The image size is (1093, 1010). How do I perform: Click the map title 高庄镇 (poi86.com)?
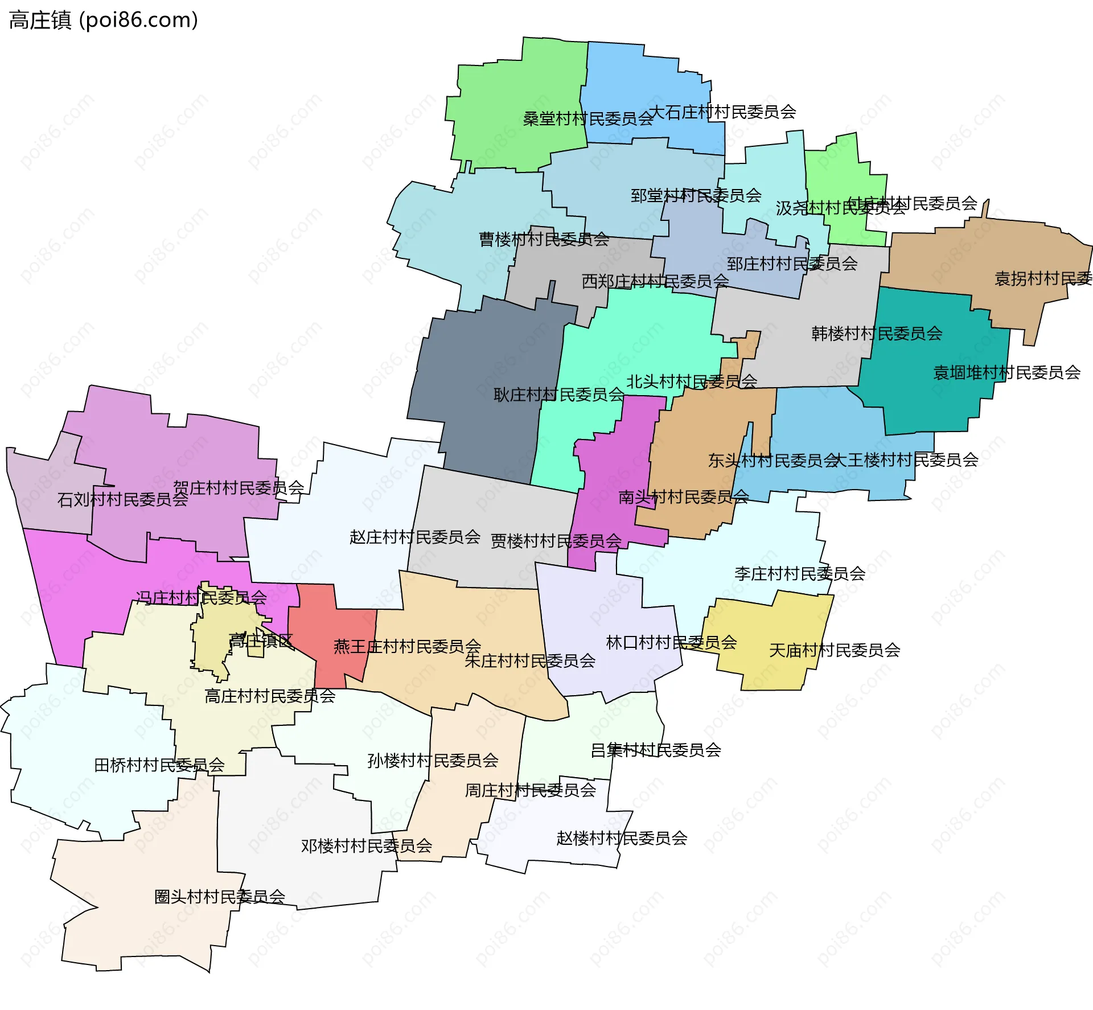pyautogui.click(x=104, y=20)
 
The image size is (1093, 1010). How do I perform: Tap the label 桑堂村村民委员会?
pyautogui.click(x=588, y=119)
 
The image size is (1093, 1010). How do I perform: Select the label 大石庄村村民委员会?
pyautogui.click(x=722, y=112)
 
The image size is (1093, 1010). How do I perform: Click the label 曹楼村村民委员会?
pyautogui.click(x=544, y=240)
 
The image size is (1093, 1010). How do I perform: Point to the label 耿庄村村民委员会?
pyautogui.click(x=558, y=395)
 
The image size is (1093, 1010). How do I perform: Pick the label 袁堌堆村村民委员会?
pyautogui.click(x=1006, y=373)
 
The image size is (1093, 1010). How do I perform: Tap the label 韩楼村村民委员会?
pyautogui.click(x=877, y=334)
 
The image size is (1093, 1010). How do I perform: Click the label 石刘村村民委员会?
pyautogui.click(x=122, y=500)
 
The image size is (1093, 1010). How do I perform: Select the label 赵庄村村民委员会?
pyautogui.click(x=414, y=537)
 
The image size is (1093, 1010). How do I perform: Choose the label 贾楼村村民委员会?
pyautogui.click(x=556, y=541)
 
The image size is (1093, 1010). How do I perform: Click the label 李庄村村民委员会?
pyautogui.click(x=799, y=574)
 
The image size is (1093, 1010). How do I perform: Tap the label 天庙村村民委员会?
pyautogui.click(x=835, y=650)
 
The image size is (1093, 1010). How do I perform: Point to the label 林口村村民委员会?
pyautogui.click(x=671, y=643)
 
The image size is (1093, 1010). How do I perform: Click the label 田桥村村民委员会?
pyautogui.click(x=159, y=765)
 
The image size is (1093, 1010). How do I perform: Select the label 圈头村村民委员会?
pyautogui.click(x=220, y=897)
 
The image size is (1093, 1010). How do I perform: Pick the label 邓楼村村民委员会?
pyautogui.click(x=367, y=846)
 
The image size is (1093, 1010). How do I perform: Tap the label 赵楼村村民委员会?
pyautogui.click(x=622, y=838)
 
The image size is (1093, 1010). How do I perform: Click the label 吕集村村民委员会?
pyautogui.click(x=656, y=750)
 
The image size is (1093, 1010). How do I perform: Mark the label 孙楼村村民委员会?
pyautogui.click(x=433, y=761)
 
